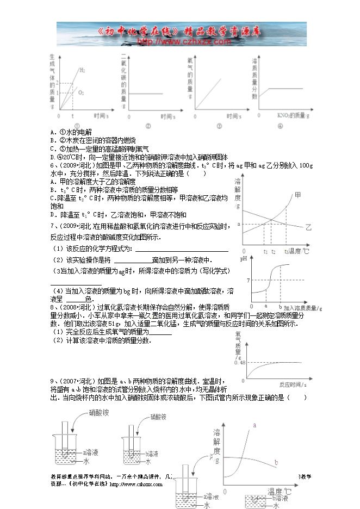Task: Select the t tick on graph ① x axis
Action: (73, 116)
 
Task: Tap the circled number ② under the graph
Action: (148, 126)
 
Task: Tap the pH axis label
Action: (244, 260)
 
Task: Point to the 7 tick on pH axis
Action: (247, 281)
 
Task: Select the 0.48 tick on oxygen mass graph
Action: (240, 362)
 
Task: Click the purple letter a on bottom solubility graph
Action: (255, 426)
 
